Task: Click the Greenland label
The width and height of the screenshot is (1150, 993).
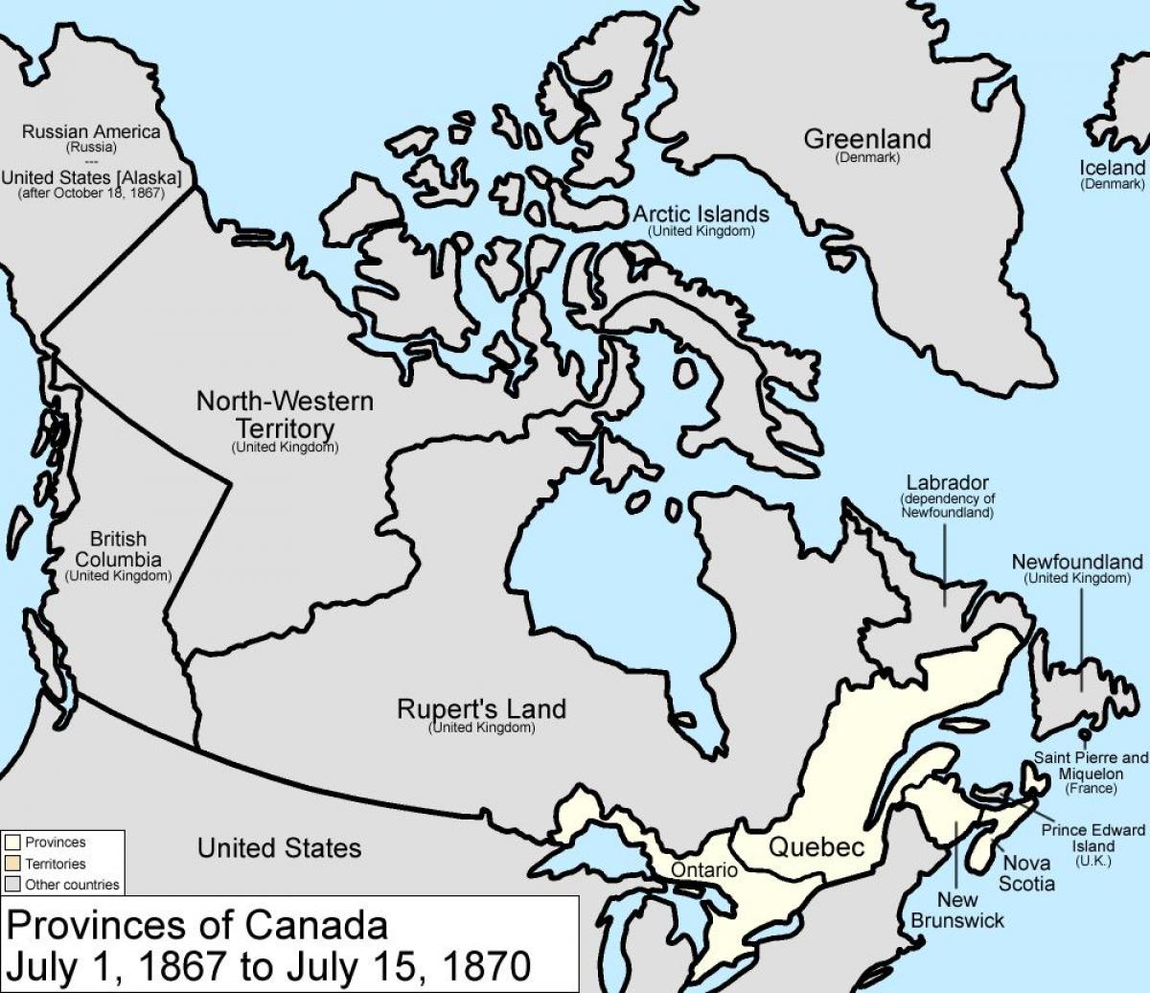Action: (866, 139)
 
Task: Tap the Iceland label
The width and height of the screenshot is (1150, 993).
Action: (1112, 169)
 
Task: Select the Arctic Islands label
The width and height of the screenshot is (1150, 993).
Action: (700, 215)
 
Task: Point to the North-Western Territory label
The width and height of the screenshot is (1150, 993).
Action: (285, 413)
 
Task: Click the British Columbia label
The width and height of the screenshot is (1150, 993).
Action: (118, 550)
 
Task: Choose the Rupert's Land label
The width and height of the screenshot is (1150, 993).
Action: (481, 709)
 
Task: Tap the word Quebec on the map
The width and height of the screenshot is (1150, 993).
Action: (816, 846)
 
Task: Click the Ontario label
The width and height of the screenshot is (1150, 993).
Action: (704, 870)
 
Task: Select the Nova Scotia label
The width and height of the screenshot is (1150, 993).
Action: (1028, 873)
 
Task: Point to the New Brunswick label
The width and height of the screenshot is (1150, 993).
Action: (971, 910)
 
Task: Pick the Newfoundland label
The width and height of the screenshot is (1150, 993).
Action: (1077, 562)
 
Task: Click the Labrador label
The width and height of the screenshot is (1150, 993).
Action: (947, 483)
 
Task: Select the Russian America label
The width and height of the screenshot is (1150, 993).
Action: (91, 132)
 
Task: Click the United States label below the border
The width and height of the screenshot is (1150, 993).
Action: (279, 847)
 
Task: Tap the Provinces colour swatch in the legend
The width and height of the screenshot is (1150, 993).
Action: (12, 843)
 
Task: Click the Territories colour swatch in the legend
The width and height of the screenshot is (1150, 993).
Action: (12, 863)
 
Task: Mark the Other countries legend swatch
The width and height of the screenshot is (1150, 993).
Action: (12, 884)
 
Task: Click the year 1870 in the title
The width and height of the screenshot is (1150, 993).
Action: (473, 961)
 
